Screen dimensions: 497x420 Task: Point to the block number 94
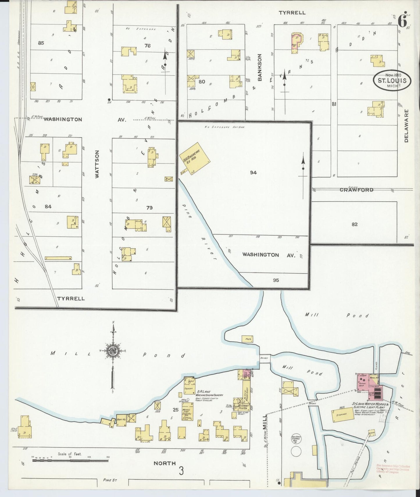(x=253, y=173)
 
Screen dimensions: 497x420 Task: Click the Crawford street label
(x=356, y=190)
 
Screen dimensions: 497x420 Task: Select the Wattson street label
(x=97, y=164)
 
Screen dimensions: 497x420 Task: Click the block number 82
(x=354, y=224)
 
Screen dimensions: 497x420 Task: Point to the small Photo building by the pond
(x=248, y=339)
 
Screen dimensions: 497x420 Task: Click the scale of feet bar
(x=70, y=460)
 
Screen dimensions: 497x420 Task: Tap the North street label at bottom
(x=165, y=463)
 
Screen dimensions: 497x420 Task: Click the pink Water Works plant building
(x=368, y=384)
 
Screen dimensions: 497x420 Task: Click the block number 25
(x=175, y=410)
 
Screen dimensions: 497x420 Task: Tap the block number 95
(x=276, y=280)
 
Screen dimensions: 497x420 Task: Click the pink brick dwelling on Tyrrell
(x=297, y=43)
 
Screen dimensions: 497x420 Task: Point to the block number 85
(x=41, y=43)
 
